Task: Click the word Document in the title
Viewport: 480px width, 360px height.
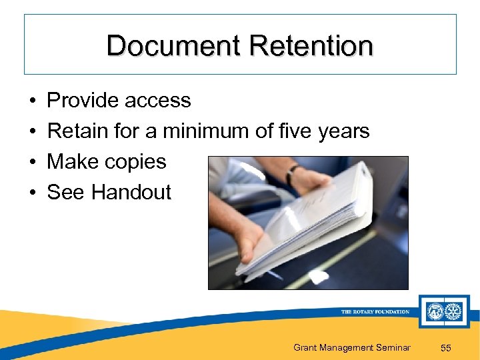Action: click(173, 46)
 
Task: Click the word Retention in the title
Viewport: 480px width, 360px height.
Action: click(311, 46)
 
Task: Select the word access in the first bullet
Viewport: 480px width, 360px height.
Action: click(159, 101)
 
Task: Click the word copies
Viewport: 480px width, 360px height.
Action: click(134, 163)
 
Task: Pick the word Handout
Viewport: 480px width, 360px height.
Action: click(131, 193)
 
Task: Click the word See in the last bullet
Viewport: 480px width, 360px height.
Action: click(66, 193)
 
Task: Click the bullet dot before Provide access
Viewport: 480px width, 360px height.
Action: click(33, 101)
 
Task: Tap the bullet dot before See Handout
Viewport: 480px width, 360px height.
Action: click(33, 193)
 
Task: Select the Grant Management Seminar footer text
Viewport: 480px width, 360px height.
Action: click(352, 347)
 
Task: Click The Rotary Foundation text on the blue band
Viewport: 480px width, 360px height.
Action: click(375, 312)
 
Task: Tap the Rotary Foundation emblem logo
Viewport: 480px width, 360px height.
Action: click(444, 311)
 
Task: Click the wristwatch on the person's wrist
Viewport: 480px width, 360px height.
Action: click(292, 175)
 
